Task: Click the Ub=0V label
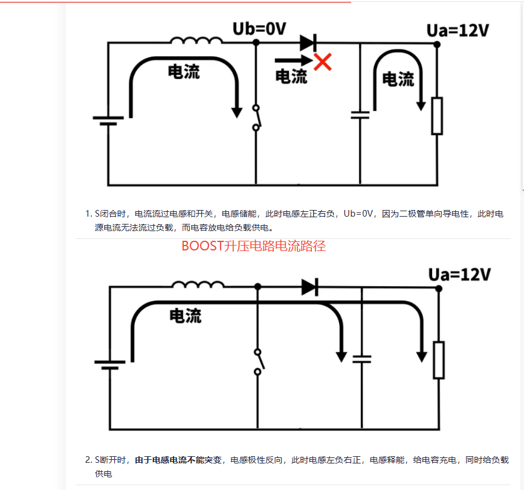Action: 259,28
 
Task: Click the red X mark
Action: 323,61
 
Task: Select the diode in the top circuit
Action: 308,42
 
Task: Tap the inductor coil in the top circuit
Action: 196,40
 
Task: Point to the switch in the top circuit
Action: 256,118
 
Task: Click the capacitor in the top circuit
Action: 360,115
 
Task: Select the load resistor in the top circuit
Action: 437,116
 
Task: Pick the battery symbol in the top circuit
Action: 108,121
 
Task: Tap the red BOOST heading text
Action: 253,246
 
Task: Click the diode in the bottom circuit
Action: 310,287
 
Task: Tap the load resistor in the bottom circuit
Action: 439,360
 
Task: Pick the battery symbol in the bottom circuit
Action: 110,364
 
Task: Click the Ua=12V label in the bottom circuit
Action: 459,275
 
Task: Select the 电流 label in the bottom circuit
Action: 186,316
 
